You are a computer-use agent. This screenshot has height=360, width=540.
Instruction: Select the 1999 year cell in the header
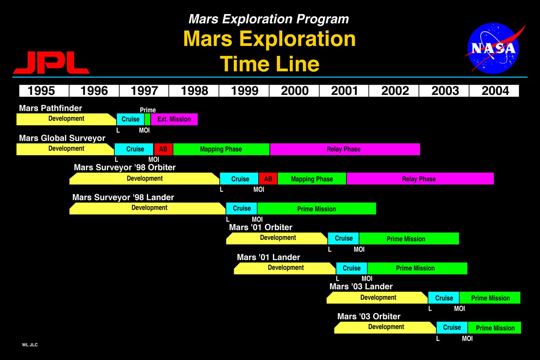coord(244,91)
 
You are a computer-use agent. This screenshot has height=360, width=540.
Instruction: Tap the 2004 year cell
coord(494,91)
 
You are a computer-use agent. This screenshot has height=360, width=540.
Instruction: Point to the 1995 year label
coord(41,91)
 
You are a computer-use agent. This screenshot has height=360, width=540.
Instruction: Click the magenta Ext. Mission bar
coord(174,119)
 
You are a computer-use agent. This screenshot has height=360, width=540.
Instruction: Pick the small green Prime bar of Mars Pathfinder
coord(147,119)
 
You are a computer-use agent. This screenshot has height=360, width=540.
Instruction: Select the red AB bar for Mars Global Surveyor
coord(163,149)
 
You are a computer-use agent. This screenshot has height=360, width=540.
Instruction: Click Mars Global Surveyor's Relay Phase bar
coord(345,149)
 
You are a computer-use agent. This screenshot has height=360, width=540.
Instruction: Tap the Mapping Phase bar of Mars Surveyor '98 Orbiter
coord(312,179)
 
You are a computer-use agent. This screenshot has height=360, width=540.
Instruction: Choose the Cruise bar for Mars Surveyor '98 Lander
coord(242,208)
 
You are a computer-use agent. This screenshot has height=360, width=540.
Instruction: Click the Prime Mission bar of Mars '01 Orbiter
coord(409,239)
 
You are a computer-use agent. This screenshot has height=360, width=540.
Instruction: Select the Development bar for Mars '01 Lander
coord(285,268)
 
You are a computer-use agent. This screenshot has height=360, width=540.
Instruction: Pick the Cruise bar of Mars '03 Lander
coord(444,298)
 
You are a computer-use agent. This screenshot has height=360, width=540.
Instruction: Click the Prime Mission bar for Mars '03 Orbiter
coord(494,328)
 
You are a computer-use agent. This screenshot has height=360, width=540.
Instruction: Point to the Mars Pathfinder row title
coord(51,108)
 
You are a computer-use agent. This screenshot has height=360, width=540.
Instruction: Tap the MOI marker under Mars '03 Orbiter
coord(467,338)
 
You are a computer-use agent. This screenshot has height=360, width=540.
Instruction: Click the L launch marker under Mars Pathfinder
coord(118,130)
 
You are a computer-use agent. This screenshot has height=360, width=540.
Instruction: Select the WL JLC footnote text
coord(30,345)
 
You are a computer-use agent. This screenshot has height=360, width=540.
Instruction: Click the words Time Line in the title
coord(269,64)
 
